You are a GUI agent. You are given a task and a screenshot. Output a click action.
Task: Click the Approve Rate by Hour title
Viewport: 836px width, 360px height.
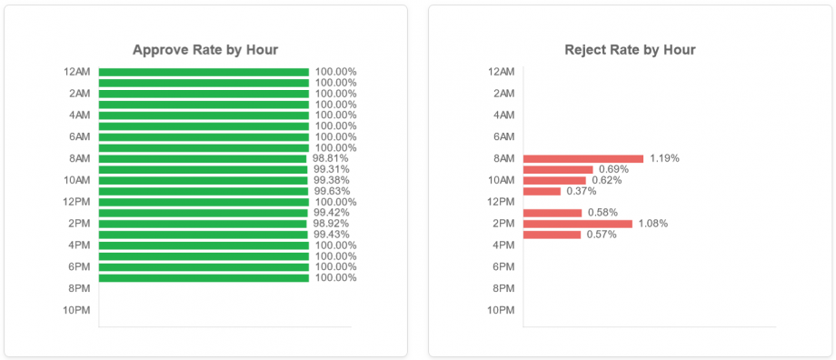coord(205,50)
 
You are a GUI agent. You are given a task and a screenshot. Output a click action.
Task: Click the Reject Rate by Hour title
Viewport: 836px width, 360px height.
coord(630,50)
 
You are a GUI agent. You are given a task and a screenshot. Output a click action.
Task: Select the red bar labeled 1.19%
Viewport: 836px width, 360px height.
coord(582,158)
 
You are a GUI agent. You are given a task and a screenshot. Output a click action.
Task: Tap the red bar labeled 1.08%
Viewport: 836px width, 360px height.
coord(577,224)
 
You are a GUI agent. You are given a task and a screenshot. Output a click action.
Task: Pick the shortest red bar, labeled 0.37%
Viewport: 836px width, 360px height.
coord(542,191)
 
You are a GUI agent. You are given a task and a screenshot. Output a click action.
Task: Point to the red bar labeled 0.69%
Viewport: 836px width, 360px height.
coord(558,169)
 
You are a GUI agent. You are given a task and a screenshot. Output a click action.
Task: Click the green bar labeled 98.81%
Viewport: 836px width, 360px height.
coord(203,158)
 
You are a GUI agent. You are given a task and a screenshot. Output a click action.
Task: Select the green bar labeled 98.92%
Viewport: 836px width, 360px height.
coord(203,224)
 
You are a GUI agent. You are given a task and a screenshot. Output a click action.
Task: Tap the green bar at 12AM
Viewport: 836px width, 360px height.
coord(204,72)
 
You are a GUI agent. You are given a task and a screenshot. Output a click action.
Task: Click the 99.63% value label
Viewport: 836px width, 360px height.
coord(332,191)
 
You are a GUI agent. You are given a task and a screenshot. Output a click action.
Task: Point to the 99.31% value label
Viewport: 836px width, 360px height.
coord(332,169)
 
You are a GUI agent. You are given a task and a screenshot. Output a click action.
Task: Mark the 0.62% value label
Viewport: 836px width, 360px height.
coord(606,180)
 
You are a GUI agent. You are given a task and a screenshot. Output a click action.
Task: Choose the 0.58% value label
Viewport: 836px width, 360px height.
coord(602,213)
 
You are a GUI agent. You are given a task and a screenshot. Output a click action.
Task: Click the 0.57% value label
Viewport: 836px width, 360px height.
coord(602,235)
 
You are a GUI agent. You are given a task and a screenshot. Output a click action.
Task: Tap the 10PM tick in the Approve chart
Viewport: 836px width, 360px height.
coord(76,311)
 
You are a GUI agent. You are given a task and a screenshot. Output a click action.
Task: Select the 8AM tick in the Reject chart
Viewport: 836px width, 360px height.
coord(503,158)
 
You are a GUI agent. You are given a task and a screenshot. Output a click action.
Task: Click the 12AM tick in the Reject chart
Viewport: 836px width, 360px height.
coord(502,72)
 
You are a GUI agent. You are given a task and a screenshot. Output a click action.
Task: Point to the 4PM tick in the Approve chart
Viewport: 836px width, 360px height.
coord(78,245)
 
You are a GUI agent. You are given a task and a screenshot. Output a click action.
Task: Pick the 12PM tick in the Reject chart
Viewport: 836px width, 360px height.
coord(502,202)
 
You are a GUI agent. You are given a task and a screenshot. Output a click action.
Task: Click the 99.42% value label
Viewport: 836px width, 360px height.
coord(332,213)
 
